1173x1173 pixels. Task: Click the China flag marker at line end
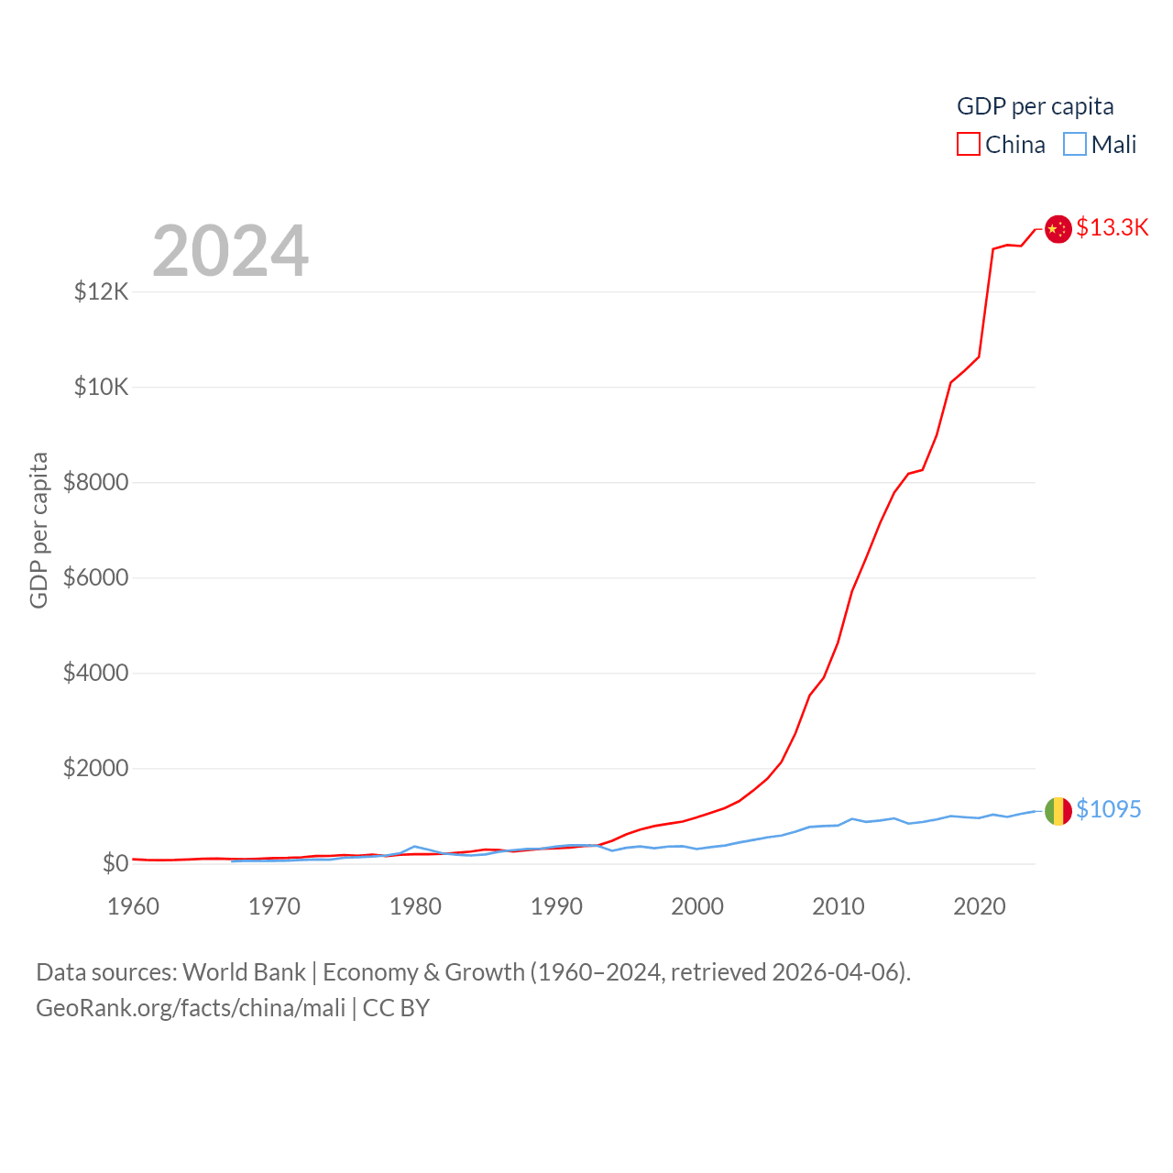pyautogui.click(x=1058, y=229)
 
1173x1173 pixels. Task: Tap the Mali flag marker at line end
pyautogui.click(x=1058, y=811)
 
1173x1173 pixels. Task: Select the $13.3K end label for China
pyautogui.click(x=1112, y=227)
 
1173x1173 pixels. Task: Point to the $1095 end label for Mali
pyautogui.click(x=1108, y=809)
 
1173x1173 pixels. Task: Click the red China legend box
pyautogui.click(x=969, y=145)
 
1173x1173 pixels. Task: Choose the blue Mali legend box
pyautogui.click(x=1075, y=145)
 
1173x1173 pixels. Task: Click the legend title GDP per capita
pyautogui.click(x=1035, y=106)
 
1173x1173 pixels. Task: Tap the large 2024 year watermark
pyautogui.click(x=230, y=251)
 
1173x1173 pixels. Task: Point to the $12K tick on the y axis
pyautogui.click(x=101, y=291)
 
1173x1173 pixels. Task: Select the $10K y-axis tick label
pyautogui.click(x=101, y=387)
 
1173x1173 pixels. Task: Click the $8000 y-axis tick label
pyautogui.click(x=95, y=482)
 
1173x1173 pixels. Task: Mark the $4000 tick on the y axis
pyautogui.click(x=95, y=673)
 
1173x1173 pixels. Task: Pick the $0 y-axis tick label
pyautogui.click(x=115, y=863)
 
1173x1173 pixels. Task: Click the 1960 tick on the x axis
pyautogui.click(x=134, y=906)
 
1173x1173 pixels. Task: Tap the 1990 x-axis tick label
pyautogui.click(x=556, y=906)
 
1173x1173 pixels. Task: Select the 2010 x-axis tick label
pyautogui.click(x=839, y=906)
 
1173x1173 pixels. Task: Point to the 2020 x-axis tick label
pyautogui.click(x=980, y=906)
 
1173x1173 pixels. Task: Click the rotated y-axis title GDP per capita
pyautogui.click(x=38, y=530)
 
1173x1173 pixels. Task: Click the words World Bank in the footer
pyautogui.click(x=244, y=971)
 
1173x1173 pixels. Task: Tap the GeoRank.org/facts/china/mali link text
pyautogui.click(x=191, y=1008)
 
